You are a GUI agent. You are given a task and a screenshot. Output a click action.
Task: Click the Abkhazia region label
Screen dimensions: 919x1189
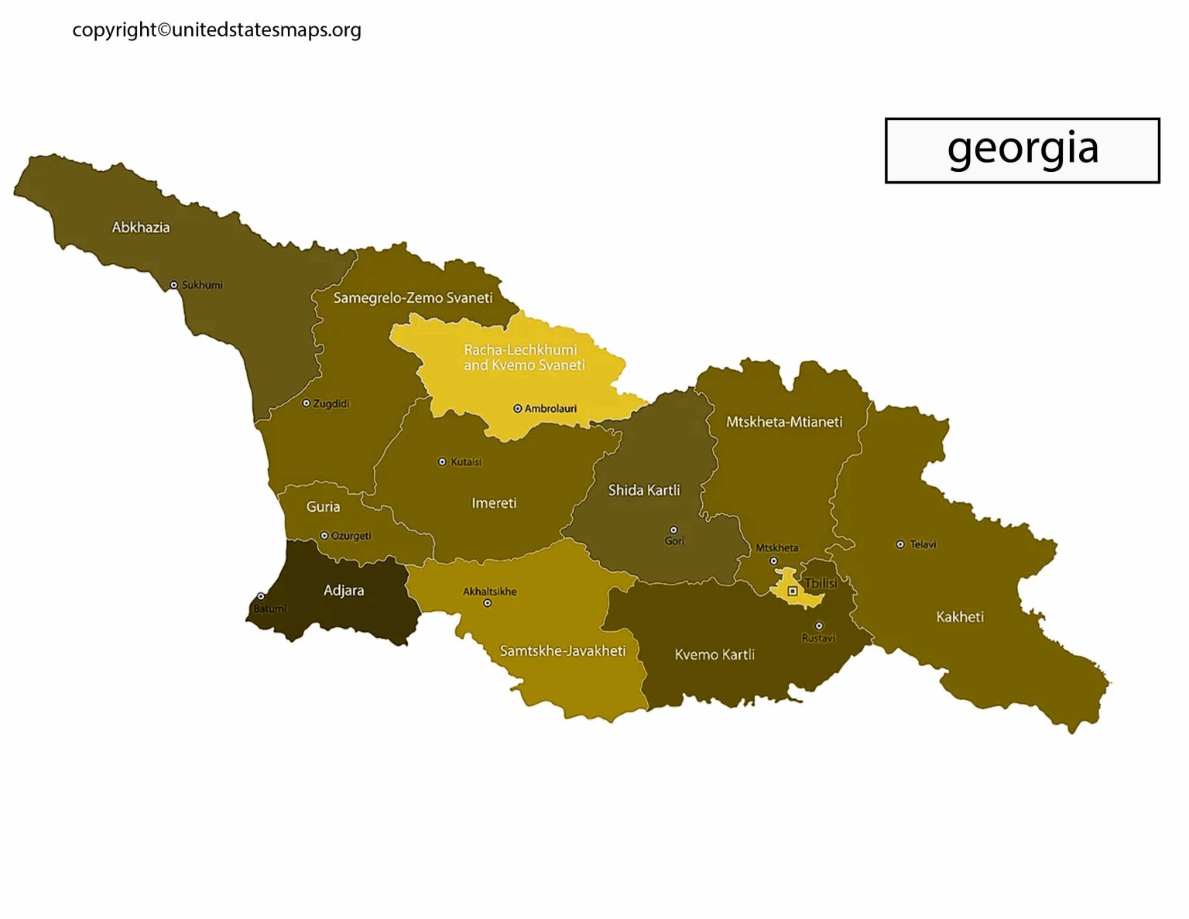point(140,228)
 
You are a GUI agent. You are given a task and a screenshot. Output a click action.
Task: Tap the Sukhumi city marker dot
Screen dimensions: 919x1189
point(173,285)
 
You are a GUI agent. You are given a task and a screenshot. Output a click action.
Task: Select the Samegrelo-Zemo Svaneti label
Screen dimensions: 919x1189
point(413,298)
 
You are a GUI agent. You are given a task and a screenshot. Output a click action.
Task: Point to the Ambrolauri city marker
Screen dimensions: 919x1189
point(517,409)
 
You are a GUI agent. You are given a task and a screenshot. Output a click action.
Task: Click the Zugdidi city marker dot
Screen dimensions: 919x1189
point(306,403)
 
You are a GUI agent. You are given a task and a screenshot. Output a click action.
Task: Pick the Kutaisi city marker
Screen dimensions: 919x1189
point(442,462)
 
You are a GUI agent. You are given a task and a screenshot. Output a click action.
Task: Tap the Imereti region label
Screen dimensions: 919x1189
point(494,503)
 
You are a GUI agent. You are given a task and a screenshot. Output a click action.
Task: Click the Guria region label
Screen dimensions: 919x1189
point(323,507)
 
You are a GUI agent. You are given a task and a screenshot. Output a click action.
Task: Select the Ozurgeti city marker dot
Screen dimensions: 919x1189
point(324,536)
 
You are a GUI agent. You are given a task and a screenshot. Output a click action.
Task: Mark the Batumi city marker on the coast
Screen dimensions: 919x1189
point(261,596)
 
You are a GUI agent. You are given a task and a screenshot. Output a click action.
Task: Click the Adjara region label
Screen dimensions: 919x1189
point(344,591)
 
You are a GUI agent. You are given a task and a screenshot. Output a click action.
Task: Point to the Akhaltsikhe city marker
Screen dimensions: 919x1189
point(487,603)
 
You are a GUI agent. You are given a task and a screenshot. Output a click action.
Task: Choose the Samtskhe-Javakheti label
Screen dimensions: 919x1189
point(563,651)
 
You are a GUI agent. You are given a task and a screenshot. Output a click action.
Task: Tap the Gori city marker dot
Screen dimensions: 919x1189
point(673,530)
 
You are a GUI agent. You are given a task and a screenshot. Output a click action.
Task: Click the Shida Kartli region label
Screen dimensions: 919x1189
point(644,490)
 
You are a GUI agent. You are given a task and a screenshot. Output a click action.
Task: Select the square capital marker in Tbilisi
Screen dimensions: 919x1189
point(792,592)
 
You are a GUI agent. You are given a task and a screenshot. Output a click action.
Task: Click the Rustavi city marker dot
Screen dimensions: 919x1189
point(819,626)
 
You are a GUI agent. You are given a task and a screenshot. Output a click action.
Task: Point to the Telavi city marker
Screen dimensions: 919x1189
point(900,544)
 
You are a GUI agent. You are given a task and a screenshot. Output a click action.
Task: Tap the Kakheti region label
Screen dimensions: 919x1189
point(960,617)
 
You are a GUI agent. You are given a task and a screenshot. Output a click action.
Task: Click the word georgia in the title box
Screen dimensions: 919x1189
point(1023,149)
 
